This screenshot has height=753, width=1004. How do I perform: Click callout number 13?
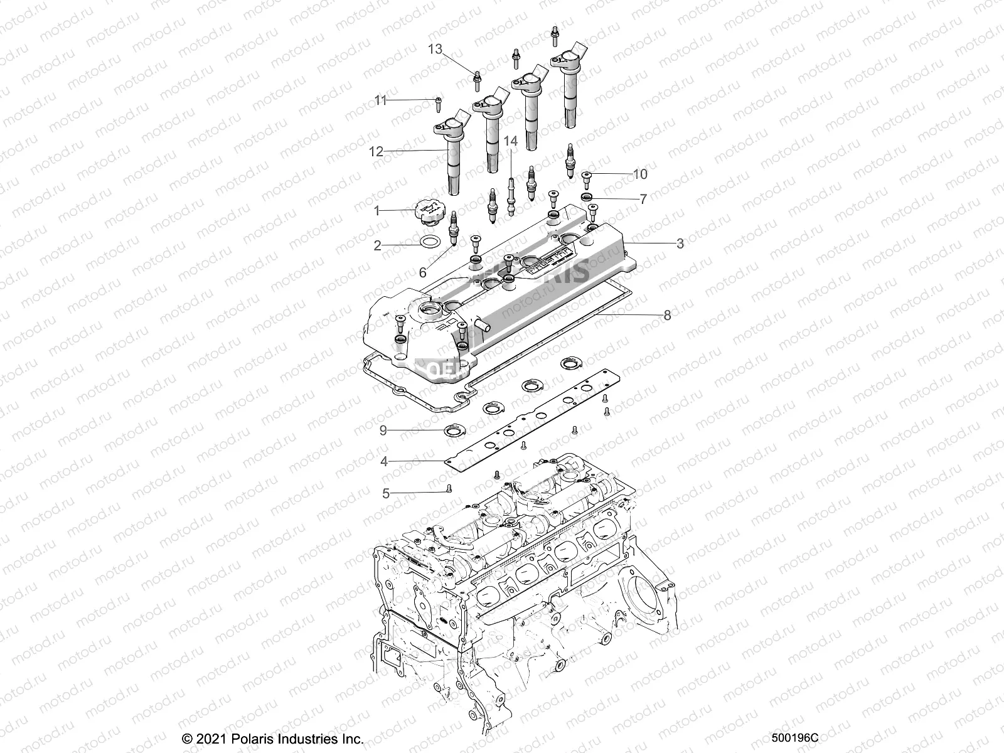click(435, 49)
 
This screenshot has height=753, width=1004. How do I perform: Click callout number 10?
click(641, 174)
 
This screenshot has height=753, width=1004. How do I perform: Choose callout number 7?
click(643, 199)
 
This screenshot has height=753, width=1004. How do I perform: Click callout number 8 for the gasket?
click(667, 315)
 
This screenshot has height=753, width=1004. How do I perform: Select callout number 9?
click(383, 431)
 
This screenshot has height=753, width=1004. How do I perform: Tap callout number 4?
click(383, 462)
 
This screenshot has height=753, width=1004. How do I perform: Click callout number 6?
click(422, 272)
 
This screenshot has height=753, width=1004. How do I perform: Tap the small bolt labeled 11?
click(436, 102)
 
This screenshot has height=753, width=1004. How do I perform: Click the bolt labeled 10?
click(587, 178)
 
